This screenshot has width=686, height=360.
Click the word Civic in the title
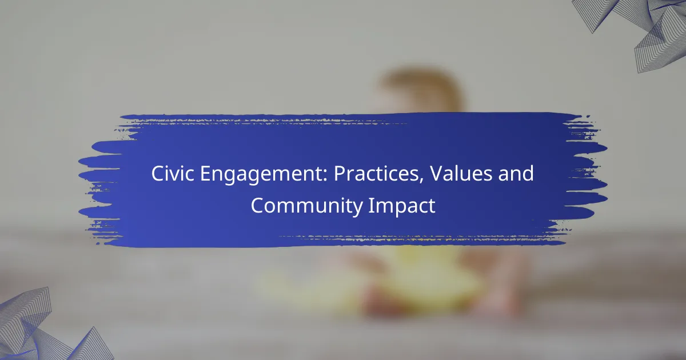point(173,174)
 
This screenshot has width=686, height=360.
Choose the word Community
point(306,207)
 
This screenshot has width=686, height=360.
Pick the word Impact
point(402,207)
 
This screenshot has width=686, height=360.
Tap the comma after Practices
point(421,181)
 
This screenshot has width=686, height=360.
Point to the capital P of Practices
point(340,174)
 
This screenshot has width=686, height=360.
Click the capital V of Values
point(437,174)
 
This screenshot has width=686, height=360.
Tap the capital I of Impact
point(370,205)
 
